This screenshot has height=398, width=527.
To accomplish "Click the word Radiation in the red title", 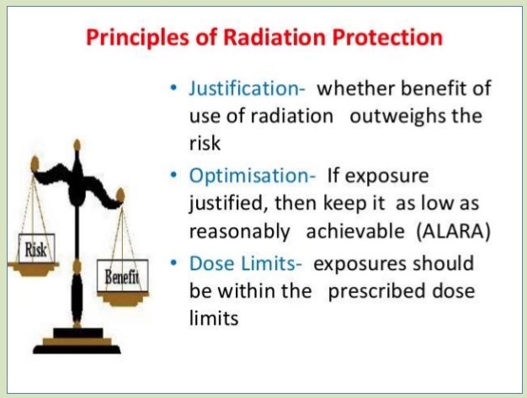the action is [274, 37].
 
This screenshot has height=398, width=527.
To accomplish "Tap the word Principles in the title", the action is [137, 38].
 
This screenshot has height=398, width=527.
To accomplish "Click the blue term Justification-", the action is [247, 88].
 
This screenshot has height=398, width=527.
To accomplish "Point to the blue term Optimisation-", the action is [252, 176].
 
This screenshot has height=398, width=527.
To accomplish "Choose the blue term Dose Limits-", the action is [245, 263].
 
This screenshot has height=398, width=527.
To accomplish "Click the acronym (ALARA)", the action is [454, 231].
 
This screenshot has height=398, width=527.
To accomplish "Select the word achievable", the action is [355, 231].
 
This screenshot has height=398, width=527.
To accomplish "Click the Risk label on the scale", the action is [36, 249].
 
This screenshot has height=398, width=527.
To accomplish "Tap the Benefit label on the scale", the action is [122, 276].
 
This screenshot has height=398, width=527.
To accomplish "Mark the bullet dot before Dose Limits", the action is [173, 263].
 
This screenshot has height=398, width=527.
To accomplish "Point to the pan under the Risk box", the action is [34, 268].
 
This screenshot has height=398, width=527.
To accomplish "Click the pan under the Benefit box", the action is [123, 298].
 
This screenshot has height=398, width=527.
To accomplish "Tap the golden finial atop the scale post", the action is [77, 145].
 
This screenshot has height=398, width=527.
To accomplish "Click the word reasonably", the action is [239, 232].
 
